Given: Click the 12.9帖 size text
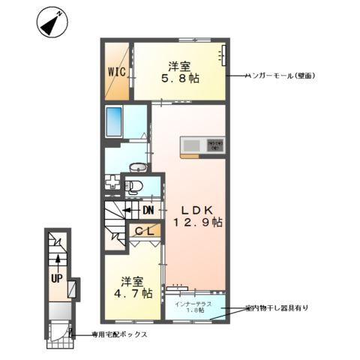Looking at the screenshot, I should click(x=197, y=223).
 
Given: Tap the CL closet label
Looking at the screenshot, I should click(x=145, y=232).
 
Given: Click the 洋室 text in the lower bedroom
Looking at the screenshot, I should click(x=133, y=281).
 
